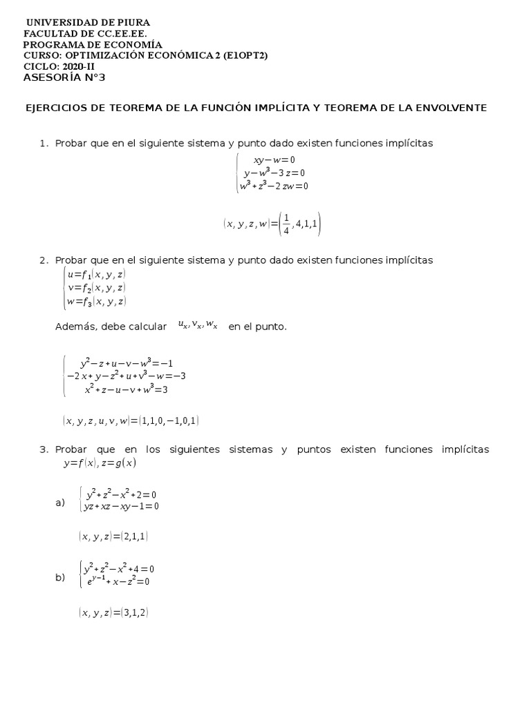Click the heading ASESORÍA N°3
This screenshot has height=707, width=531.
(64, 77)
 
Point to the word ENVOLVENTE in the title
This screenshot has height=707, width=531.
(454, 108)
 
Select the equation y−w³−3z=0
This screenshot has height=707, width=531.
(274, 173)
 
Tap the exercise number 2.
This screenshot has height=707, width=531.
(43, 260)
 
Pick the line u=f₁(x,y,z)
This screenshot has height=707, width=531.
(95, 274)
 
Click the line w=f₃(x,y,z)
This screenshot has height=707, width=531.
(95, 301)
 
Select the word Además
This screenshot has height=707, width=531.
(74, 327)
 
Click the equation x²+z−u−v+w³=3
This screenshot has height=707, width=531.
(126, 389)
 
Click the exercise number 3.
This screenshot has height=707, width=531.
(43, 449)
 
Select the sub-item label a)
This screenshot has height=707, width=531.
(60, 502)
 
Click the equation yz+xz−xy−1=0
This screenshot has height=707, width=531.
(121, 506)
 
